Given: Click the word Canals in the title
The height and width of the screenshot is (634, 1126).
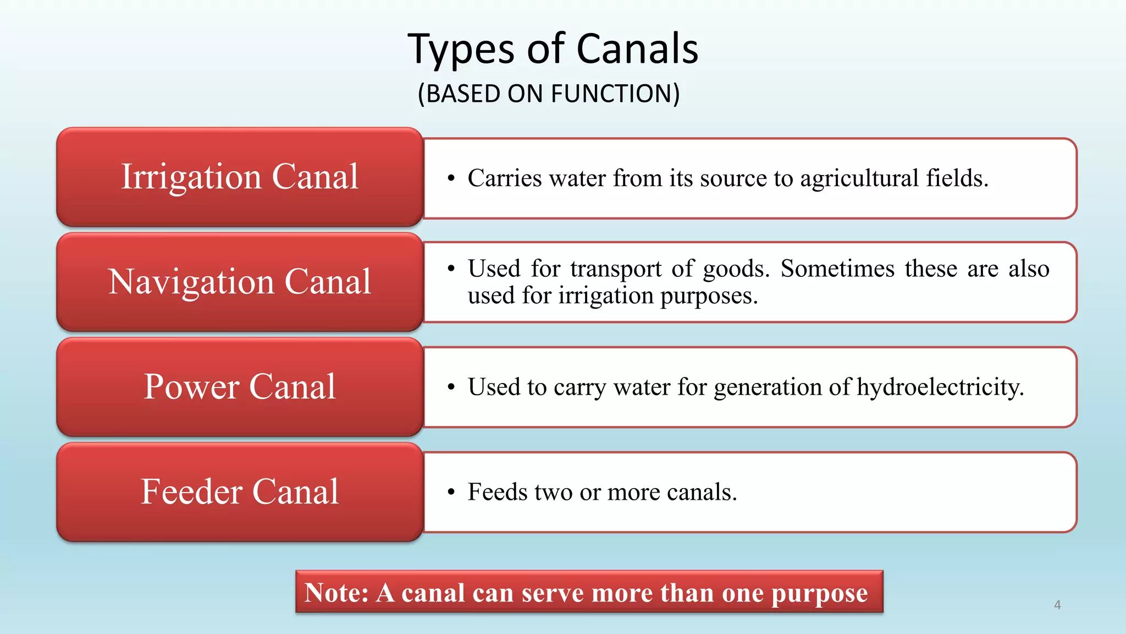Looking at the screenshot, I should click(x=637, y=49).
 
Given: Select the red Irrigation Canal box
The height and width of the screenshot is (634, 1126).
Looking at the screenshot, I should click(x=240, y=177).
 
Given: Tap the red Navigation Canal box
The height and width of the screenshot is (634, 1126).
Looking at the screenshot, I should click(x=240, y=282).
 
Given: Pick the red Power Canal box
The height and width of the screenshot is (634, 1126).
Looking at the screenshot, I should click(x=240, y=387).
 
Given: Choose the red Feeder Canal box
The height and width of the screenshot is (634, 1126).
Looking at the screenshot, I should click(x=240, y=491).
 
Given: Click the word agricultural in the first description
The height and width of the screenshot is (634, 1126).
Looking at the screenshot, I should click(x=859, y=179).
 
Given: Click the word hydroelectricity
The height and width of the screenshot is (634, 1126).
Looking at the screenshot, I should click(x=940, y=387).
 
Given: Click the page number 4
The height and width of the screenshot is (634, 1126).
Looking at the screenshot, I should click(x=1057, y=605).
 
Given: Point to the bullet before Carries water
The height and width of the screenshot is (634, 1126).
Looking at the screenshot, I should click(x=451, y=178).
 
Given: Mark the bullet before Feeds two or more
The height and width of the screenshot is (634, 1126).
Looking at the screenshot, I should click(x=451, y=492).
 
